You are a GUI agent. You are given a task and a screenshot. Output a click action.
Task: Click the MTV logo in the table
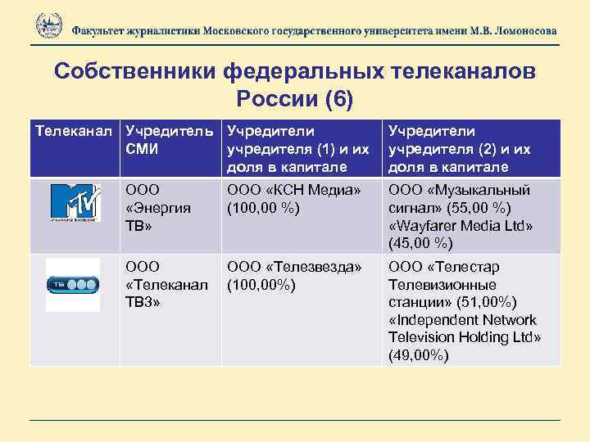(x=75, y=203)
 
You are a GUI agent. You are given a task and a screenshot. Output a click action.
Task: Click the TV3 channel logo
(x=72, y=284)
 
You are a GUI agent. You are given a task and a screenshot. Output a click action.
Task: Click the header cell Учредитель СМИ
(x=170, y=140)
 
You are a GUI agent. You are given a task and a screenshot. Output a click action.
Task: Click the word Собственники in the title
(x=134, y=72)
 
